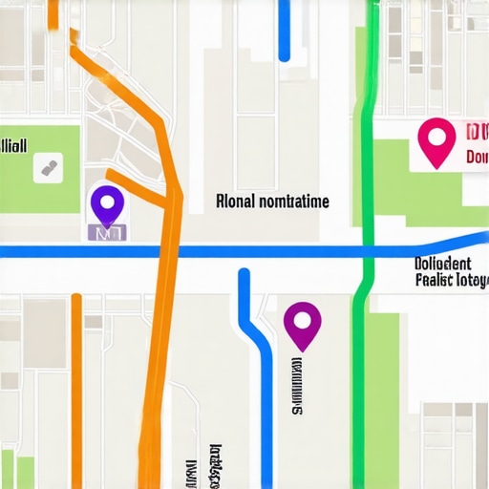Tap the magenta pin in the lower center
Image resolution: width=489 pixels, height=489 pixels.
pos(303,325)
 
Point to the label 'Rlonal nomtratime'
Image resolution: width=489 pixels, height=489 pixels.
pos(272,202)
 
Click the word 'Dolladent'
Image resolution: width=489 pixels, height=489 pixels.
pos(443,264)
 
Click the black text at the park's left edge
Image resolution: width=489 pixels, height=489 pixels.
pos(14,145)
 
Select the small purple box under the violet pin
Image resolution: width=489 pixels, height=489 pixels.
pos(107,231)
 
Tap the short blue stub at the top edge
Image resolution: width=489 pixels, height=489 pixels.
pos(284,29)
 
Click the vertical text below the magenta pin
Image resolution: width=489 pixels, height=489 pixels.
pos(296,387)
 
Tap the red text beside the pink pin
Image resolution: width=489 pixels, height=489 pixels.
pos(475,143)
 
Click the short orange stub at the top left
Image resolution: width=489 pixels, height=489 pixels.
pos(53,13)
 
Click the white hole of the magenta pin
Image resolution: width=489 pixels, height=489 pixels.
pos(303,318)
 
